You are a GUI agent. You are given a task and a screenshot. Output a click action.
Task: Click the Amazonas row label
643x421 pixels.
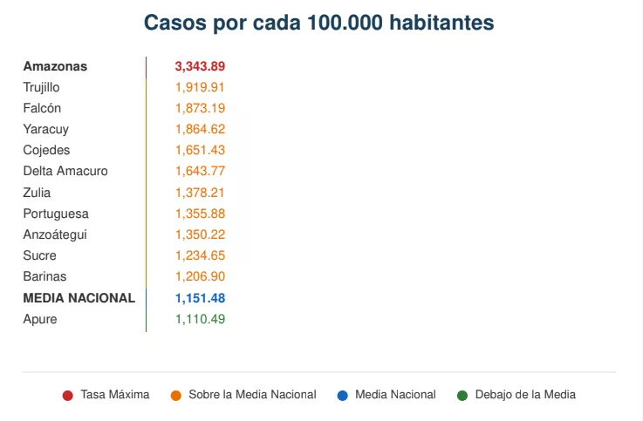[55, 66]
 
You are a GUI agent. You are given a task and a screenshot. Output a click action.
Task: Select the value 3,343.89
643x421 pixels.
[200, 66]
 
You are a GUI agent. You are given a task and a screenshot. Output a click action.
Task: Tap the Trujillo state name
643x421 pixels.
[41, 88]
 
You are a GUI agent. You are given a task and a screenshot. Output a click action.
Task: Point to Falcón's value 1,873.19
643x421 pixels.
[200, 108]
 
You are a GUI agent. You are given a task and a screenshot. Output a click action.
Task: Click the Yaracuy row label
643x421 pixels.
[46, 129]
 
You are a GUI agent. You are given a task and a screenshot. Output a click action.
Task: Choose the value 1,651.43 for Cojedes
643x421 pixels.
[200, 150]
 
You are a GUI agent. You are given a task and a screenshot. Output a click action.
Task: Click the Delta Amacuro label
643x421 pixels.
[65, 171]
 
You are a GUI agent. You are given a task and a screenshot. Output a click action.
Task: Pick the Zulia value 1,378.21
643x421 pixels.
[200, 193]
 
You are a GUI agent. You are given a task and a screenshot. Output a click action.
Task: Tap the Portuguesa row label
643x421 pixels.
[56, 214]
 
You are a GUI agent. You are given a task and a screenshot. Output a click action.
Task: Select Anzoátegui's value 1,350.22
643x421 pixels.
[200, 234]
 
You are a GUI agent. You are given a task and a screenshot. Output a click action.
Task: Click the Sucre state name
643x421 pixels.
[40, 255]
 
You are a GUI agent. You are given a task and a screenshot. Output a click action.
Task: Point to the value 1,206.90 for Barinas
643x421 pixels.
[200, 276]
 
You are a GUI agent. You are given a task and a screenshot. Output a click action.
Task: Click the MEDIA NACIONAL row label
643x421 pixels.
[79, 298]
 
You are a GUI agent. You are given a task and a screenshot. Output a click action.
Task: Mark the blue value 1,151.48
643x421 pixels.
[200, 298]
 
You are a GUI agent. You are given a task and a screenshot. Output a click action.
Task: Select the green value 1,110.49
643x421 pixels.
[200, 319]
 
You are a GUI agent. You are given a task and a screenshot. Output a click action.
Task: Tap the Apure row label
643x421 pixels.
[40, 319]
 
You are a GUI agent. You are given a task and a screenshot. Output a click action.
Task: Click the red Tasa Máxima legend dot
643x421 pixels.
[68, 396]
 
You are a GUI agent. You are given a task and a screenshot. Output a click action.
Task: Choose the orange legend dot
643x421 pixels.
[176, 396]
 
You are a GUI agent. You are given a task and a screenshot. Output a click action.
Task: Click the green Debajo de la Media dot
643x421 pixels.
[462, 396]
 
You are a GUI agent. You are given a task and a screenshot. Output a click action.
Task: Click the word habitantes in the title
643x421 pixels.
[441, 23]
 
